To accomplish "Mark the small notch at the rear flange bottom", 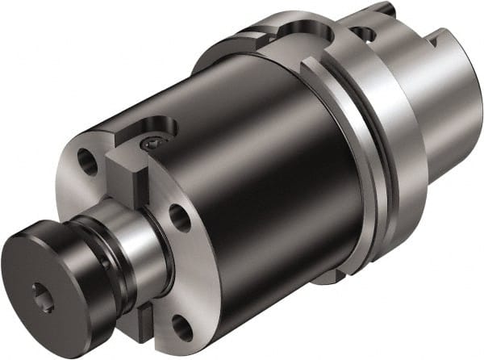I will (323, 278).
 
